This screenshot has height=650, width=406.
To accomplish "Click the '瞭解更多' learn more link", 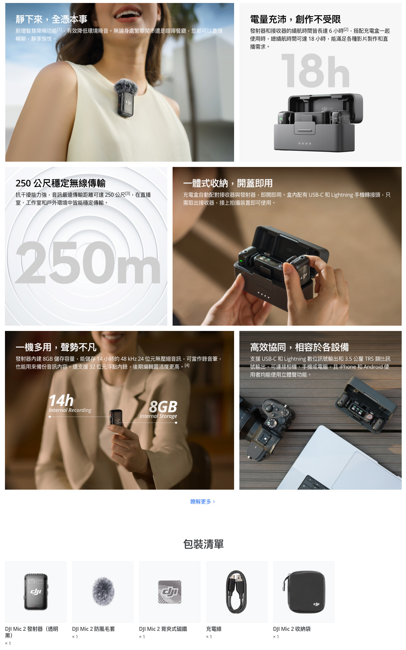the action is [202, 502].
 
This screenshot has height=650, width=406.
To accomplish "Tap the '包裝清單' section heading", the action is [203, 544].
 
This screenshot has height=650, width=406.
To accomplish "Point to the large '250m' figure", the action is [88, 263].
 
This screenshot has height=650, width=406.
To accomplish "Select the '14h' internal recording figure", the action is [61, 400].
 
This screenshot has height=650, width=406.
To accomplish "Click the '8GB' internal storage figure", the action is [163, 407].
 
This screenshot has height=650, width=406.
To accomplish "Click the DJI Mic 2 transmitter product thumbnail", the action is [36, 591].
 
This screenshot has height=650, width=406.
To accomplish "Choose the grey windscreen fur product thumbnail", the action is [103, 591].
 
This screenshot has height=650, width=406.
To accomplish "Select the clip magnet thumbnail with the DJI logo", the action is [170, 592].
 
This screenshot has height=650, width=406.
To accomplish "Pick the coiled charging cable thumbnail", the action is [236, 592].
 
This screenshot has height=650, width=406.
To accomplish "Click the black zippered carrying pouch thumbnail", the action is [304, 592].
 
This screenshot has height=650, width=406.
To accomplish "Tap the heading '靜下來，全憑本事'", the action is [52, 20].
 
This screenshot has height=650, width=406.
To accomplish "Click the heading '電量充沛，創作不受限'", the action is [295, 20].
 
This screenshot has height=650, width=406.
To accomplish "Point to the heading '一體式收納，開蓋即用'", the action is [228, 183].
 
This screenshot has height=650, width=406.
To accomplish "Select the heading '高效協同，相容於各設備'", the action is [299, 347].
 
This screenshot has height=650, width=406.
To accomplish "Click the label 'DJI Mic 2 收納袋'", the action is [292, 629].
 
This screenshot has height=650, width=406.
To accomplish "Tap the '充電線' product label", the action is [214, 629].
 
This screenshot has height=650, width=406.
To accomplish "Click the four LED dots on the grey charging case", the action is [304, 144].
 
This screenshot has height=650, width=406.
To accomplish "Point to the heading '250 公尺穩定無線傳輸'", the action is [61, 183].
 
